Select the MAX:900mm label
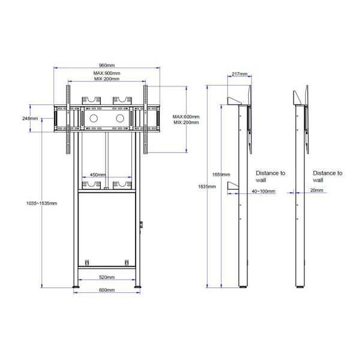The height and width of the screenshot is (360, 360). click(107, 73)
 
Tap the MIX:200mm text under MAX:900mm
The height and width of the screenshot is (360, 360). click(107, 79)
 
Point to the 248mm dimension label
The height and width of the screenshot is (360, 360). click(29, 118)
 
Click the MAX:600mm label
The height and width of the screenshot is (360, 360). click(186, 116)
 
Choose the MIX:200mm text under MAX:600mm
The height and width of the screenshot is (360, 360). click(186, 122)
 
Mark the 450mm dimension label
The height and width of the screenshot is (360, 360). click(98, 175)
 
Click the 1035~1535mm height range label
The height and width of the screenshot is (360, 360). click(41, 203)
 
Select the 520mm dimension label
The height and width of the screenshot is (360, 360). click(107, 277)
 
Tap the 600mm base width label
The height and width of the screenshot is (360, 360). click(107, 290)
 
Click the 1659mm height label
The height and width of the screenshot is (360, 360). click(221, 175)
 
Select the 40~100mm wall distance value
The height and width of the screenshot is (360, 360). click(263, 191)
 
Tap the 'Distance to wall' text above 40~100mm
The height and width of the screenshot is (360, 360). click(271, 176)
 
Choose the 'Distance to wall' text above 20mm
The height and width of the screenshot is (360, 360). click(328, 176)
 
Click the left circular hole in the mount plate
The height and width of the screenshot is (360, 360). click(93, 118)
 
